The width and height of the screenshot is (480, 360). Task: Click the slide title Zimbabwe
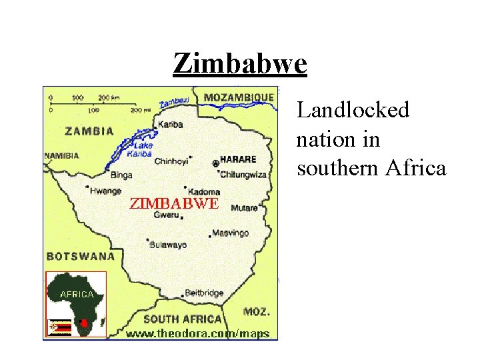(x=240, y=64)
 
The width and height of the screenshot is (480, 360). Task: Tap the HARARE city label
(x=237, y=160)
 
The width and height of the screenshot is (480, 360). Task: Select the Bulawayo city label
(x=168, y=245)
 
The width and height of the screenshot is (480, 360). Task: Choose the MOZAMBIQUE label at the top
(x=239, y=97)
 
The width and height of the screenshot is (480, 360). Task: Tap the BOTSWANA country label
(x=80, y=256)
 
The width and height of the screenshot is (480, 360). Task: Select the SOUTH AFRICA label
(x=182, y=319)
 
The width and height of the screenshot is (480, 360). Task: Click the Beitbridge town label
(x=204, y=293)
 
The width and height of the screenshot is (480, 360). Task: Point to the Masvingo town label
(x=230, y=233)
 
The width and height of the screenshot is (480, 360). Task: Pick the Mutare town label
(x=244, y=208)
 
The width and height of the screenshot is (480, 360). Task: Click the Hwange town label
(x=106, y=191)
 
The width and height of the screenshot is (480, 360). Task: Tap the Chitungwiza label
(x=243, y=175)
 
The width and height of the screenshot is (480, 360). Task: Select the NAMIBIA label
(x=61, y=156)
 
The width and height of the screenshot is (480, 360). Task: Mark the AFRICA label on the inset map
(x=77, y=293)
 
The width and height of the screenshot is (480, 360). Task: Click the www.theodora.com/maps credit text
(x=198, y=333)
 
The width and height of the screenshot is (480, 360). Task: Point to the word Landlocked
(x=353, y=110)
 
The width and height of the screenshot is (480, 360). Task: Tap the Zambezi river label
(x=175, y=100)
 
